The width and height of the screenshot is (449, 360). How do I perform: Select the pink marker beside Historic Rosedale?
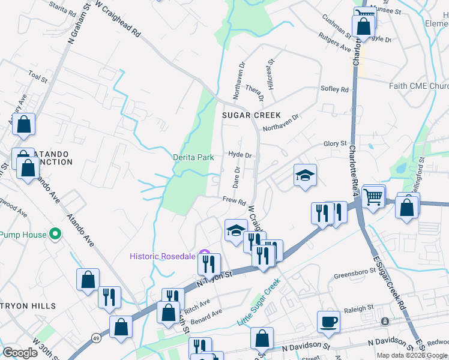(203, 253)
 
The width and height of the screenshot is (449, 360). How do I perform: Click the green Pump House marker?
(55, 234)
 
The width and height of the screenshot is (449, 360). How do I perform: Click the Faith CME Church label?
(418, 86)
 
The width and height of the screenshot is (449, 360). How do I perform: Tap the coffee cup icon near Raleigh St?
(328, 321)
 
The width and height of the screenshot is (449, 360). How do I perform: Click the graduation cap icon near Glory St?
(305, 176)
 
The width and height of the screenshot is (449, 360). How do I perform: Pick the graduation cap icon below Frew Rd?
(236, 230)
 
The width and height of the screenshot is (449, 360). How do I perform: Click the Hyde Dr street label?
(239, 154)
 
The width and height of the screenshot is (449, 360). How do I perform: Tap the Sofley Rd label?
(336, 89)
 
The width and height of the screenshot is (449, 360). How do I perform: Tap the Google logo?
(20, 353)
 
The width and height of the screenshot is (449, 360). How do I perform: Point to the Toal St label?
(37, 76)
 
